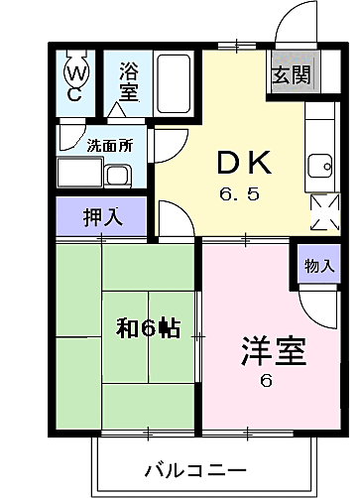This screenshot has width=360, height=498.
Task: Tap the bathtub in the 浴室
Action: click(x=174, y=84)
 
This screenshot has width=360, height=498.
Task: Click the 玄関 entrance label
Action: click(x=292, y=74)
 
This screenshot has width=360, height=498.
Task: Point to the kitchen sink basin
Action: click(x=320, y=166)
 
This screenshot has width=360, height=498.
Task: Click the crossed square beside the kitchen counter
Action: click(x=325, y=212)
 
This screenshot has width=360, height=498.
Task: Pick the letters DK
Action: click(x=244, y=162)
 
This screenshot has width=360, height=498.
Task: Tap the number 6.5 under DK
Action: click(x=239, y=194)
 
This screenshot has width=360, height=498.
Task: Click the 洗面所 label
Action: click(x=110, y=145)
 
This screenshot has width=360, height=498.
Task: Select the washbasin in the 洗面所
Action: click(x=118, y=176)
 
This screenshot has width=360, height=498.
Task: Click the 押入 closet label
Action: click(x=103, y=217)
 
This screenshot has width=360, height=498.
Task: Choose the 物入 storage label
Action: click(x=319, y=266)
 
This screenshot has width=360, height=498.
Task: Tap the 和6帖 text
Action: click(x=148, y=328)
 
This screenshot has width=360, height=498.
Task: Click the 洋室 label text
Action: click(x=274, y=351)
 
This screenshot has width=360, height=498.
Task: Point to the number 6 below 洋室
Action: click(x=266, y=381)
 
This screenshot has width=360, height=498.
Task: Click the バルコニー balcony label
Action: click(x=195, y=470)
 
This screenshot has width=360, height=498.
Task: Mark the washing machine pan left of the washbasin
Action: click(x=79, y=173)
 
